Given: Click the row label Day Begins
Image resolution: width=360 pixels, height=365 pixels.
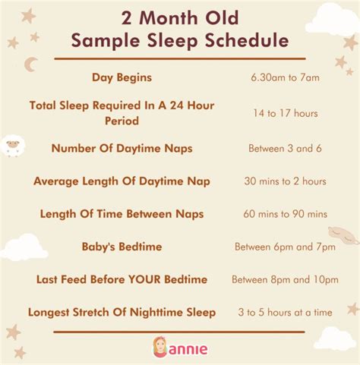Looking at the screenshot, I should [122, 77].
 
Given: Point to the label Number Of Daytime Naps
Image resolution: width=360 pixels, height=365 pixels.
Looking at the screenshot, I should [122, 147].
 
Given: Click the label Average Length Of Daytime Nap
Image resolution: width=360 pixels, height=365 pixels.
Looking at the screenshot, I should [122, 181].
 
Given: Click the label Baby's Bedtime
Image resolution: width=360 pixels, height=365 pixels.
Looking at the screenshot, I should [122, 246].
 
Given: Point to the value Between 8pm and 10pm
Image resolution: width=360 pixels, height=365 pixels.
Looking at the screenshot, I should [285, 280].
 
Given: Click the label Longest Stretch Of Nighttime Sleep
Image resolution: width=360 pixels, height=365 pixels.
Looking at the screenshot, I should [122, 311].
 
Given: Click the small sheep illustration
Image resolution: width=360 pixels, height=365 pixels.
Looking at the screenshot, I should [12, 146].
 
